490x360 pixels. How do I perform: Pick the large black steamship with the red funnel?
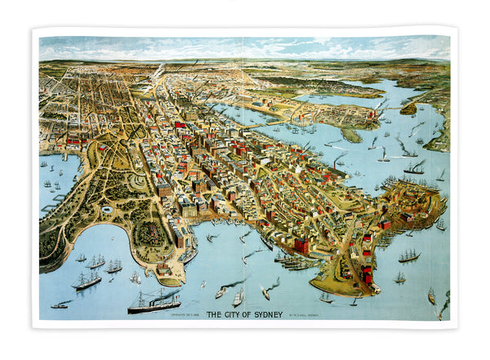[x=154, y=304]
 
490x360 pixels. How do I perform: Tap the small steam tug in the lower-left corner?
[x=60, y=304]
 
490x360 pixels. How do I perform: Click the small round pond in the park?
[x=107, y=210]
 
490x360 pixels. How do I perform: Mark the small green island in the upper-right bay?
[x=408, y=109]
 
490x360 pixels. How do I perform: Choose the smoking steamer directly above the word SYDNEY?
[x=267, y=291]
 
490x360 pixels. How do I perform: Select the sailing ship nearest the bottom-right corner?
[x=431, y=296]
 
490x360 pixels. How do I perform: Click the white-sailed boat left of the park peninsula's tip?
[x=136, y=278]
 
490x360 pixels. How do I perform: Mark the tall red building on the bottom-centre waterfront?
[x=301, y=245]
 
